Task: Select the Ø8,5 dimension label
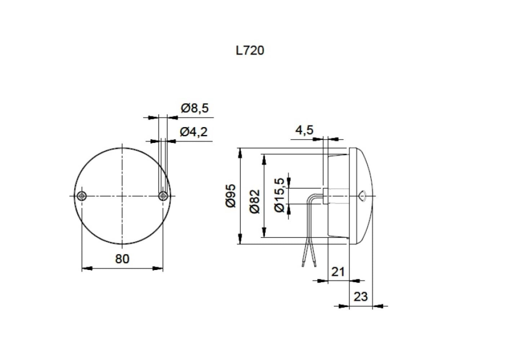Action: [195, 108]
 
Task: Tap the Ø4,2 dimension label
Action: [193, 132]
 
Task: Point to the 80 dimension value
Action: [122, 258]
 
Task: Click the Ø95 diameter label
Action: [231, 195]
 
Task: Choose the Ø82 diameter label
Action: [254, 202]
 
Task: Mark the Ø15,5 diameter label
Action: [281, 195]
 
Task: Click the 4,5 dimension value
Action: [304, 130]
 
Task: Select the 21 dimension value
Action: [338, 271]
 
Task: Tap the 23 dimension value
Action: [360, 297]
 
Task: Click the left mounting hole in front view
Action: [82, 196]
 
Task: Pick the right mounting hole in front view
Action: [163, 196]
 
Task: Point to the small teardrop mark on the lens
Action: [362, 196]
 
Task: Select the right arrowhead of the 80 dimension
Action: [158, 268]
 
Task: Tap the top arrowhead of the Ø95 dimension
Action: [240, 153]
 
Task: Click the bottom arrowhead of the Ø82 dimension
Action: [264, 232]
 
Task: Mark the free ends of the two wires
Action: [309, 264]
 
